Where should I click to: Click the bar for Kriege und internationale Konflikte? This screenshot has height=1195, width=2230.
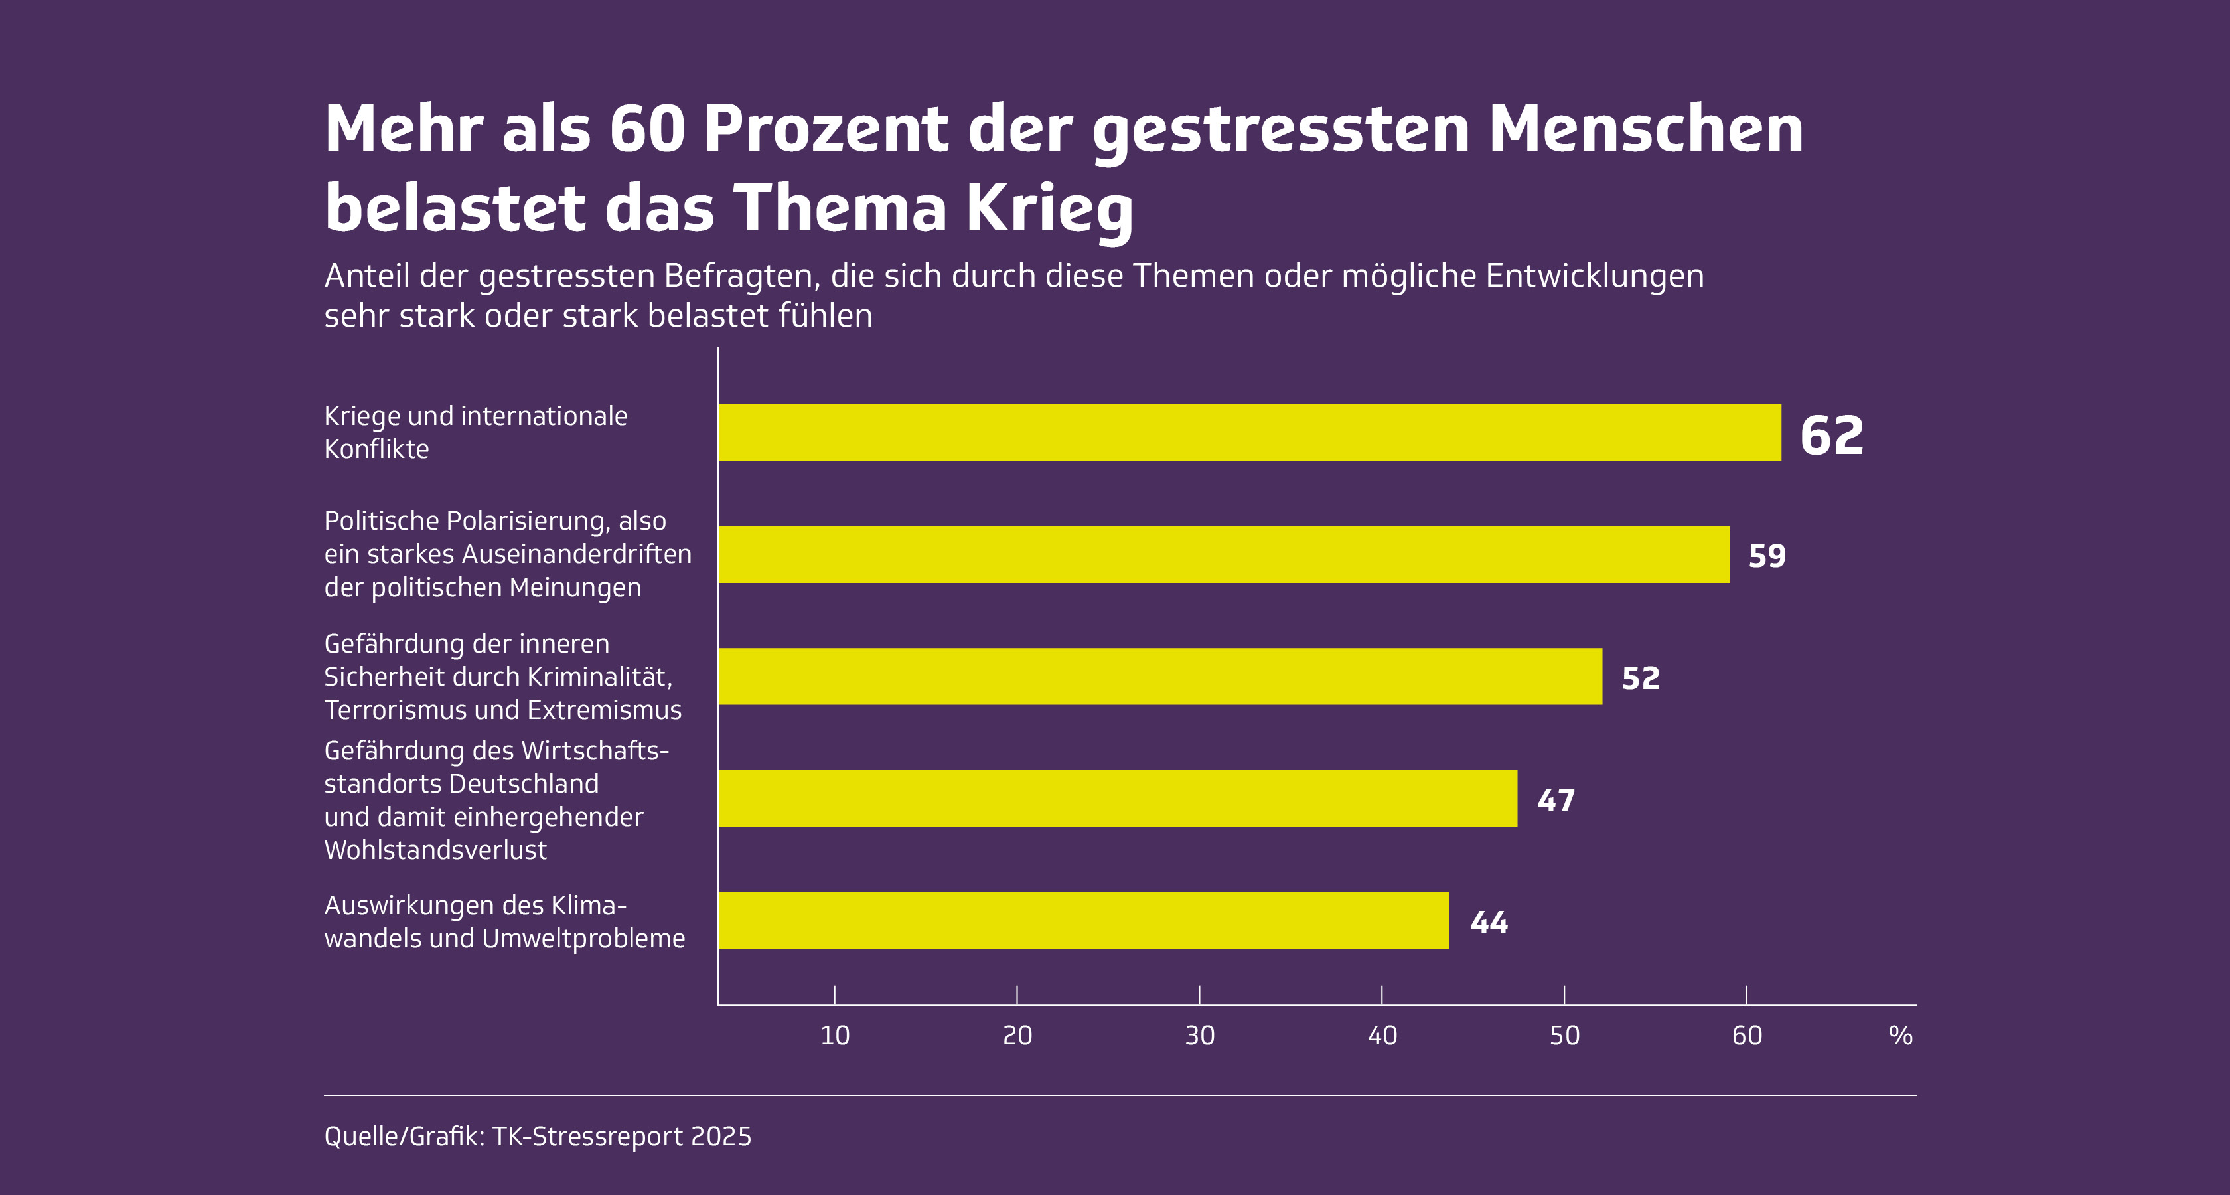click(1249, 432)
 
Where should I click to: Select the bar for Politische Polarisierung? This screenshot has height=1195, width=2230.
click(1223, 554)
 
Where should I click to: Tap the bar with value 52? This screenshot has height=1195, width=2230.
click(1159, 677)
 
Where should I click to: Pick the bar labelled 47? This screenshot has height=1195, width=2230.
click(1117, 799)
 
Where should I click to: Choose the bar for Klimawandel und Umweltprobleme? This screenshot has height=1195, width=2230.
click(1083, 921)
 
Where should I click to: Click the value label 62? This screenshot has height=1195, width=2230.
click(1831, 436)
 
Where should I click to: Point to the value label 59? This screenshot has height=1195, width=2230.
click(1767, 556)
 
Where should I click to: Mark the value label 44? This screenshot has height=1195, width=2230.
click(1489, 923)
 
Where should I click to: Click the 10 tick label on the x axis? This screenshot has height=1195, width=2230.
click(834, 1036)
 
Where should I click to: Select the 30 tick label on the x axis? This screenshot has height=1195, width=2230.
click(1199, 1036)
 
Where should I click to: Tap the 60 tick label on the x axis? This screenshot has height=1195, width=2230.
click(1746, 1036)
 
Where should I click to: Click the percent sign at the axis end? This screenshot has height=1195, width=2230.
click(1900, 1036)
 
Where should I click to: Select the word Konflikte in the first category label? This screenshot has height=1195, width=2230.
click(376, 449)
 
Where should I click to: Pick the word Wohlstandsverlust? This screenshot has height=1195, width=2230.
click(435, 850)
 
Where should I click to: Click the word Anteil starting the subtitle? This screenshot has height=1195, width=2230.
click(367, 276)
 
